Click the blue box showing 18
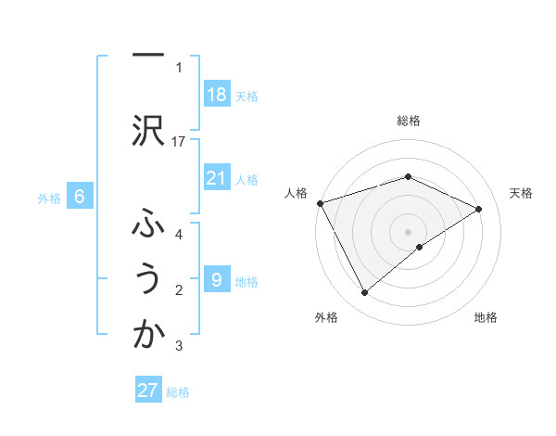(x=216, y=95)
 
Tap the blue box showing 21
(x=216, y=178)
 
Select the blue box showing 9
(x=216, y=280)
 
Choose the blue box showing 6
(x=80, y=197)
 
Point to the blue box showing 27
(x=147, y=391)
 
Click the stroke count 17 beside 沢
(x=180, y=141)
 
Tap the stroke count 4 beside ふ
(x=179, y=234)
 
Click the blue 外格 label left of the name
(x=49, y=198)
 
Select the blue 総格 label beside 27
(x=178, y=392)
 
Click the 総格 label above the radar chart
(x=408, y=121)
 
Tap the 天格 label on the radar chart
(x=522, y=193)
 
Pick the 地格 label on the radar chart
(x=486, y=317)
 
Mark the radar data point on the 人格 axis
(x=320, y=202)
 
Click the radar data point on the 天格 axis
(x=479, y=209)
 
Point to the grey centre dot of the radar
(x=408, y=231)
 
